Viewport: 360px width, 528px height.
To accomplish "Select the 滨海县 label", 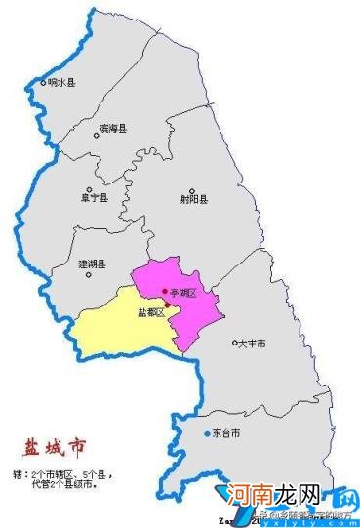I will tap(113, 127).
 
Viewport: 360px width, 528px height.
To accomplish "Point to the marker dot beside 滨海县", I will tap(96, 136).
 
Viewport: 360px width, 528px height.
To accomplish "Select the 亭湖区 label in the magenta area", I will tap(182, 293).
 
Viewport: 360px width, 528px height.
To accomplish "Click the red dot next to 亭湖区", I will tap(165, 291).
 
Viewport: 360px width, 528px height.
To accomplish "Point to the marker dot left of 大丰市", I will tap(235, 343).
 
